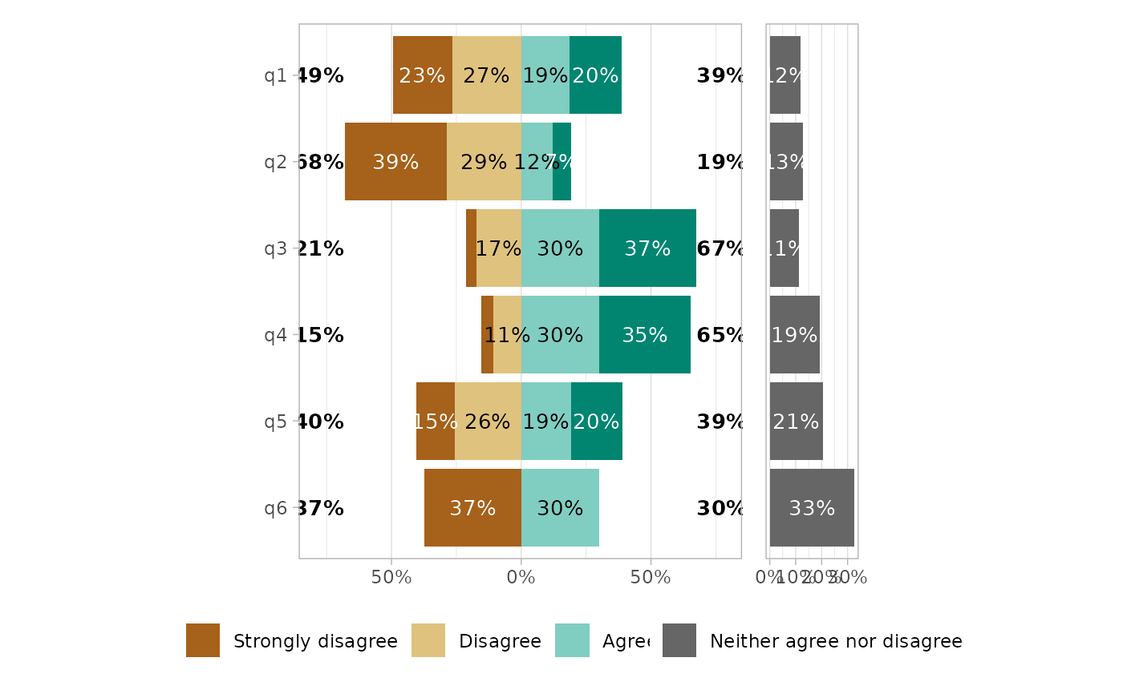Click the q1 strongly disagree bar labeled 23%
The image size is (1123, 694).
click(x=422, y=75)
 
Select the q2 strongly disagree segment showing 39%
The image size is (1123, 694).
click(x=395, y=162)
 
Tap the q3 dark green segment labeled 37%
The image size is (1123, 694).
click(x=647, y=248)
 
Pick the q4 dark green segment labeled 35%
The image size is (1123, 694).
click(x=644, y=335)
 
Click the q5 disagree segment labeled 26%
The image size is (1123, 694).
click(x=488, y=422)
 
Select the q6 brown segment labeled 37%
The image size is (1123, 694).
click(x=472, y=508)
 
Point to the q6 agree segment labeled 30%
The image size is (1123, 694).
click(x=560, y=508)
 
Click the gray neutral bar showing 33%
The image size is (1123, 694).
click(x=812, y=508)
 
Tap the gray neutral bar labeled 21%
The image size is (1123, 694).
click(x=796, y=422)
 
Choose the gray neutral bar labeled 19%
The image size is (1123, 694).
click(x=794, y=335)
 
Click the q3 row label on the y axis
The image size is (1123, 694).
click(x=275, y=248)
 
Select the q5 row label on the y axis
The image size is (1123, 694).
click(x=275, y=422)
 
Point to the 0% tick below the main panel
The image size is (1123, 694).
click(x=521, y=577)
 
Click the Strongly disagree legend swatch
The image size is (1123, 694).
click(x=203, y=640)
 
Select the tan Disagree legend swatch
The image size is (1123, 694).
click(x=428, y=640)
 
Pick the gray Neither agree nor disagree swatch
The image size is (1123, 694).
click(x=679, y=640)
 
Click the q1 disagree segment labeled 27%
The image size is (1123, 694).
click(x=486, y=75)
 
